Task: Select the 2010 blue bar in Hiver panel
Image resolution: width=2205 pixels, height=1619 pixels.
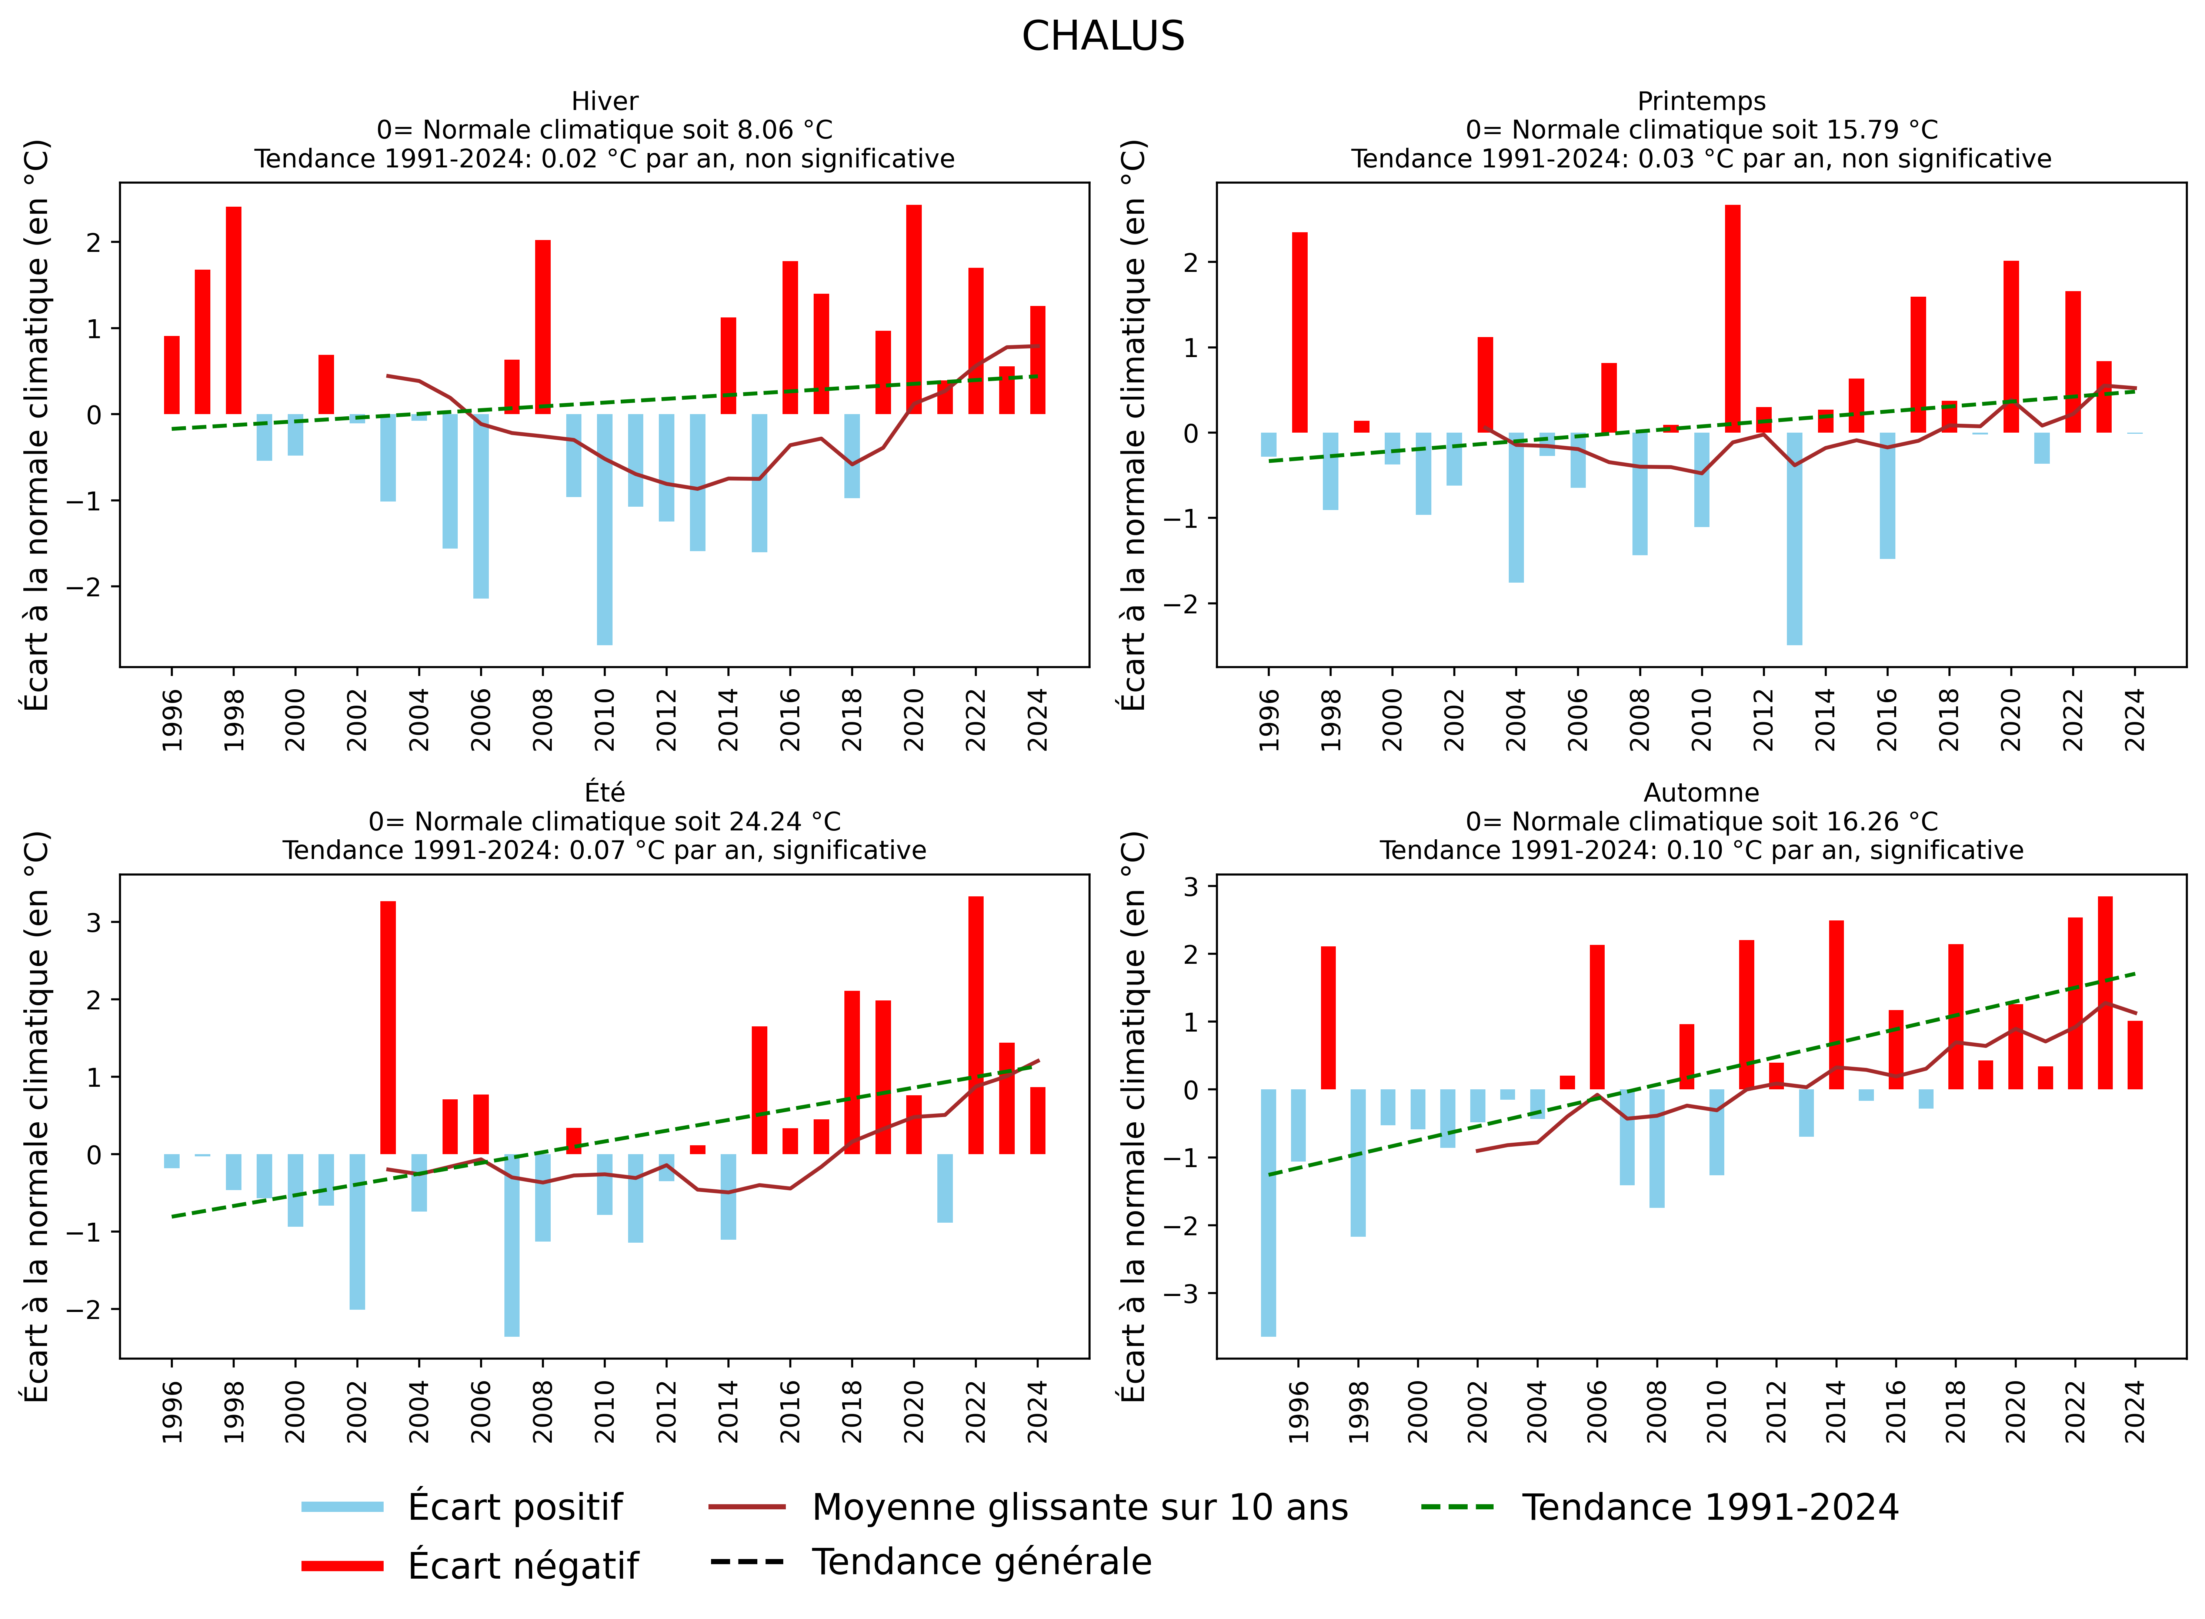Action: point(605,529)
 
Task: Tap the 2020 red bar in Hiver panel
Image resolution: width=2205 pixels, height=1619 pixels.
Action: point(913,309)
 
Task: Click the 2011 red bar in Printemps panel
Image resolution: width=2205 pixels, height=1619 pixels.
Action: point(1733,319)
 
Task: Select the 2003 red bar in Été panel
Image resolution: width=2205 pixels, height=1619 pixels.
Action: point(388,1027)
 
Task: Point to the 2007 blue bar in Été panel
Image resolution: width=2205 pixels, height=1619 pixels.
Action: point(511,1245)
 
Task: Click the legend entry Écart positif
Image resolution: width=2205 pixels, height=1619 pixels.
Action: point(514,1506)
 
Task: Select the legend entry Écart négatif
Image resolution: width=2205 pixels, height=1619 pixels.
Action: point(522,1565)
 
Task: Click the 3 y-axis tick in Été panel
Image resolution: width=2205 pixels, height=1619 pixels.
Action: point(94,922)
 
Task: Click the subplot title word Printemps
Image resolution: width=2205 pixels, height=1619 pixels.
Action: point(1701,101)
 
